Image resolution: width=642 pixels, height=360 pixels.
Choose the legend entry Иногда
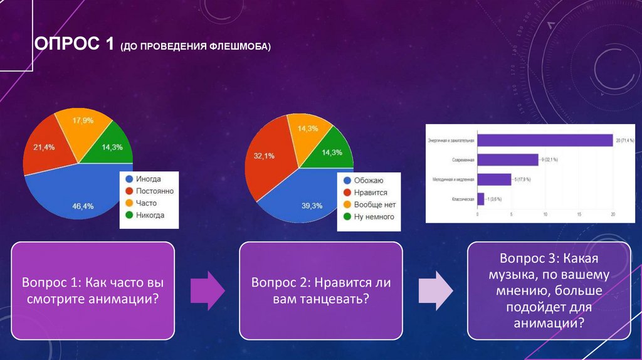pos(148,179)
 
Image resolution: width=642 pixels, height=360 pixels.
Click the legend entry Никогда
pos(150,215)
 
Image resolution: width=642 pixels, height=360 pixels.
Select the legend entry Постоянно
pos(154,191)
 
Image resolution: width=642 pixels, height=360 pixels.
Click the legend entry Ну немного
pos(374,216)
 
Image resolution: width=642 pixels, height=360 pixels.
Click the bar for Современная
pos(507,160)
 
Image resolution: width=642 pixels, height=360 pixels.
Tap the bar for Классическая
pos(480,199)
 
